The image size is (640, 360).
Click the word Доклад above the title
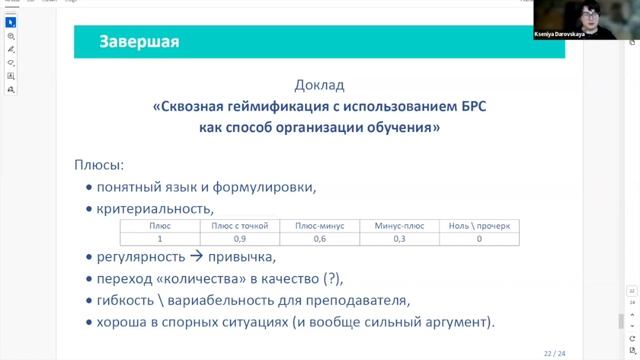click(319, 85)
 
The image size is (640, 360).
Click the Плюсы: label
click(99, 163)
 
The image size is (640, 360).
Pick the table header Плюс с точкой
click(241, 226)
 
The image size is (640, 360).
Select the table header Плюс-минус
click(320, 226)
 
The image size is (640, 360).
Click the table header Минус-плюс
click(399, 226)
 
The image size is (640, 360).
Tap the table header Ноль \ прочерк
click(479, 226)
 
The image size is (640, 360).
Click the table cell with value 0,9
click(241, 238)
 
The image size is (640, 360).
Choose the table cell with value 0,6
click(320, 238)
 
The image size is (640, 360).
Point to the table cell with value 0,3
click(399, 238)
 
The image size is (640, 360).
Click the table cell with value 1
click(160, 238)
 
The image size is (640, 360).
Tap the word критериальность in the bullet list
click(155, 208)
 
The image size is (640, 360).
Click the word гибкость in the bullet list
click(126, 300)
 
